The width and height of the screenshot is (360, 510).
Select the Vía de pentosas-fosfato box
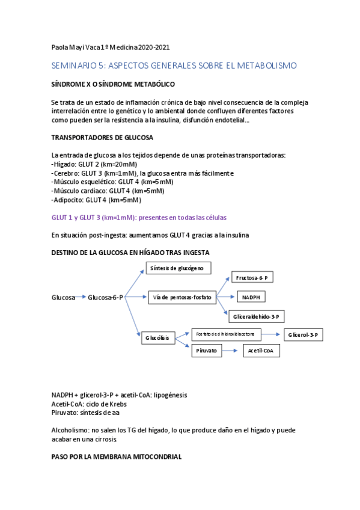(x=182, y=297)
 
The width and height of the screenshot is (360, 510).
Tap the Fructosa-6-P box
(x=252, y=278)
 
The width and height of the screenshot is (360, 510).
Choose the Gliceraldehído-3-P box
(x=257, y=316)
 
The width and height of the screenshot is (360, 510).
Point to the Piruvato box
(x=206, y=351)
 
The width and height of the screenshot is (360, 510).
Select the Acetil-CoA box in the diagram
(x=261, y=351)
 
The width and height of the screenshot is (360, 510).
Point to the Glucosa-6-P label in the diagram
(x=105, y=298)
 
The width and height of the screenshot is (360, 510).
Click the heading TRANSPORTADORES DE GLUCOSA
(x=102, y=138)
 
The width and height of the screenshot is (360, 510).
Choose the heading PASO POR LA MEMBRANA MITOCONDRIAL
(x=116, y=457)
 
